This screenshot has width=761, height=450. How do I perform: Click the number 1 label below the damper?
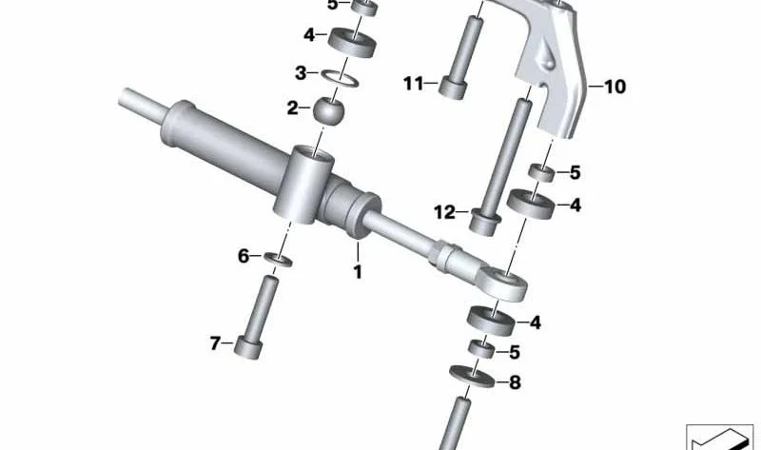[358, 272]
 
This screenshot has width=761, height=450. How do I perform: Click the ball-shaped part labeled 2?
[328, 110]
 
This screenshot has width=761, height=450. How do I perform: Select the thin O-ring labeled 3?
[340, 78]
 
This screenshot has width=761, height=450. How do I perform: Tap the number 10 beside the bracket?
[615, 87]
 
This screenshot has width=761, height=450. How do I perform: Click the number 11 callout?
[414, 84]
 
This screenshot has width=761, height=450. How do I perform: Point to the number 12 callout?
[444, 212]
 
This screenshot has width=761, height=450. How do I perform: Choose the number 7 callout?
[216, 343]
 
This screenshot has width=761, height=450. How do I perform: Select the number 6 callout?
[244, 256]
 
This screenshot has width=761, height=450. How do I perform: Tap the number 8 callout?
[515, 382]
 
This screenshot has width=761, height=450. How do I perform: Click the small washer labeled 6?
[278, 259]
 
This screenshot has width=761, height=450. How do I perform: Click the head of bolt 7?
[248, 347]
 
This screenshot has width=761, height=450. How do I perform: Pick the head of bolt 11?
[453, 88]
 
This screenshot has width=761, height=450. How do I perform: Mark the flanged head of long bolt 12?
[485, 223]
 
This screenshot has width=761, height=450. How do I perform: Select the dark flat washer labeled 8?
[472, 377]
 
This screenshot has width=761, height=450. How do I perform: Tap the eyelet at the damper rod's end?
[503, 284]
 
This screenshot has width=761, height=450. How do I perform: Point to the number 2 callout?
[292, 108]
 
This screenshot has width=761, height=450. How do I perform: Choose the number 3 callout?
[301, 73]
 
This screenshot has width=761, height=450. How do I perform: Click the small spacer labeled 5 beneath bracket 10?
[541, 173]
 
